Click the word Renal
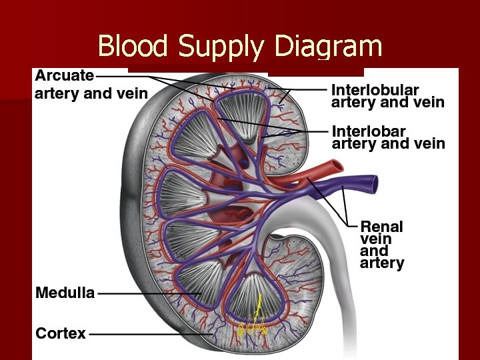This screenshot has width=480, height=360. (381, 225)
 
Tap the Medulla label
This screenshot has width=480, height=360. (65, 293)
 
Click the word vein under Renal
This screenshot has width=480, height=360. (376, 238)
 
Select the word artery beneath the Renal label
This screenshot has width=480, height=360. (382, 263)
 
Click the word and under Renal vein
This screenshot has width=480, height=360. (373, 251)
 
